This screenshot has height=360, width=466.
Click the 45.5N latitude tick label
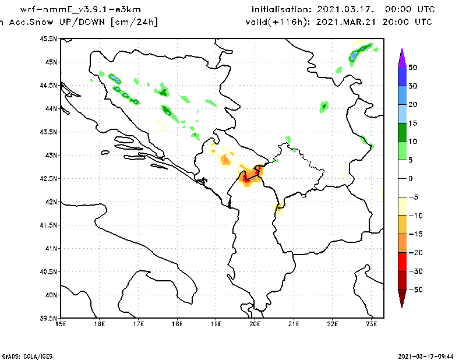click(50, 39)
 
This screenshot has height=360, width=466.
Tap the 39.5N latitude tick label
click(50, 319)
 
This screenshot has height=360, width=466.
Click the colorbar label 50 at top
click(412, 68)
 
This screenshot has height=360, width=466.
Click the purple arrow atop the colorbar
click(401, 57)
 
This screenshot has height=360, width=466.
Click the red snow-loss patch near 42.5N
click(247, 179)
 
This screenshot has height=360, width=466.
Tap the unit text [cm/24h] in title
click(133, 22)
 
